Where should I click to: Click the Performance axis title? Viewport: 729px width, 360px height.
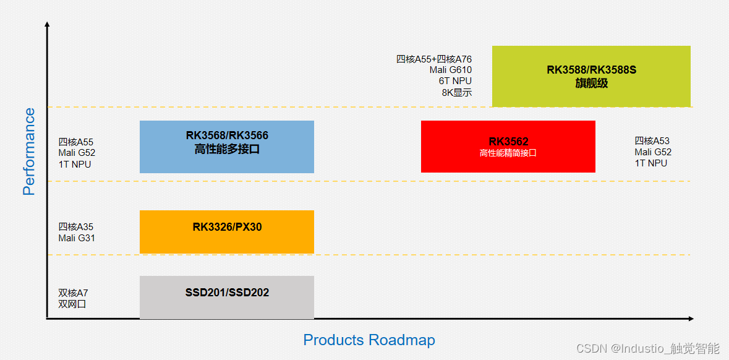29,152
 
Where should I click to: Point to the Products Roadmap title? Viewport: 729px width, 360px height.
369,340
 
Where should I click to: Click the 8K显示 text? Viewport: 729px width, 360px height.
457,93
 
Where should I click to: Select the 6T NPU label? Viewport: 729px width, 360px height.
455,81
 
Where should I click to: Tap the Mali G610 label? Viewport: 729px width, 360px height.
451,70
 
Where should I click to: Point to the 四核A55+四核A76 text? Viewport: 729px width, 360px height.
434,59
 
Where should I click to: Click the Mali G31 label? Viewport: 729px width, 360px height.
77,238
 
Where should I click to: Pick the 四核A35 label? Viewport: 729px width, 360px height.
76,227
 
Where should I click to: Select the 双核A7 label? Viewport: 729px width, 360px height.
74,293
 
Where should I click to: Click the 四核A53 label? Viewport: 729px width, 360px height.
652,141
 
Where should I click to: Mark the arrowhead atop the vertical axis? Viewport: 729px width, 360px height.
47,25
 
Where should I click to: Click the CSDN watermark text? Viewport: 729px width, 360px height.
647,348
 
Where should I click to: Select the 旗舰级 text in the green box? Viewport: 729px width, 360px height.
591,83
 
